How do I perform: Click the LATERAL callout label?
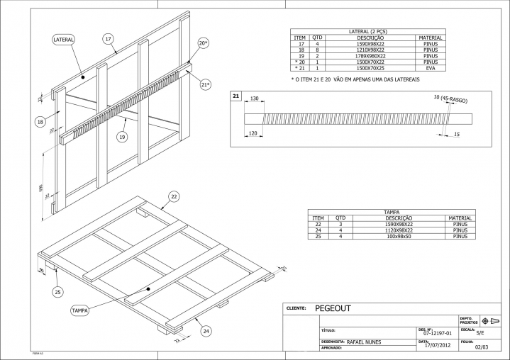63,40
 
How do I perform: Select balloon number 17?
109,38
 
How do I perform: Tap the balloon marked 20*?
203,43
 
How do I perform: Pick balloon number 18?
40,121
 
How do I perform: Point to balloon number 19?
122,137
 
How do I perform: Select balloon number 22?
173,196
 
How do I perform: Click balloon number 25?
58,291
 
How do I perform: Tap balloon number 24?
206,330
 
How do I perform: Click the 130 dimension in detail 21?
255,99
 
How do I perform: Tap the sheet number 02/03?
482,347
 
